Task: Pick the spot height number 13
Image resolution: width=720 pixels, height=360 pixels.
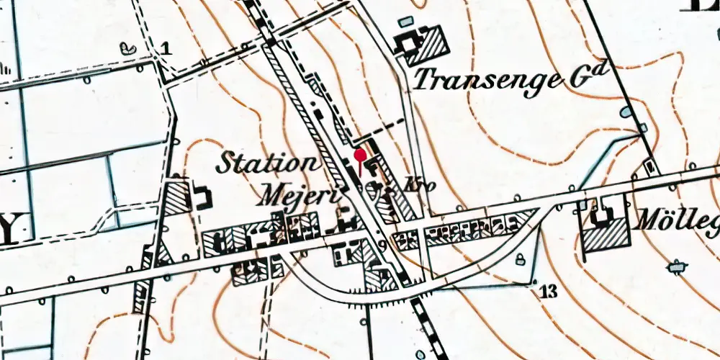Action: tap(548, 292)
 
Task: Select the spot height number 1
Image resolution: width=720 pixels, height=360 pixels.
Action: tap(166, 49)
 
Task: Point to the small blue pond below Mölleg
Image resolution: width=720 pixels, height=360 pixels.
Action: tap(675, 267)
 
